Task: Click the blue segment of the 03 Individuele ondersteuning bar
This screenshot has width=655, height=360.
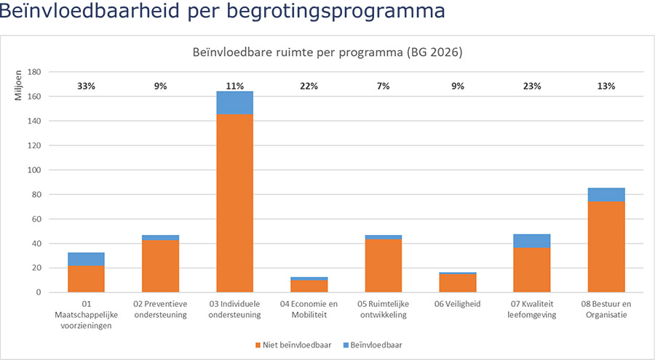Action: coord(234,103)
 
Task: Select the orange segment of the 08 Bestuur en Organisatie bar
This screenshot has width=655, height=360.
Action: coord(606,247)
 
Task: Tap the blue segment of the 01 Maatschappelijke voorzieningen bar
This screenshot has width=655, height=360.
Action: coord(86,259)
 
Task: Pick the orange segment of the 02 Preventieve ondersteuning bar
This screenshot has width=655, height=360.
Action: coord(160,265)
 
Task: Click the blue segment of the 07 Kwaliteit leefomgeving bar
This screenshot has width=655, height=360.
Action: coord(532,241)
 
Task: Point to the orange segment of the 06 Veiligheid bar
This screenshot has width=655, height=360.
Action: coord(458,283)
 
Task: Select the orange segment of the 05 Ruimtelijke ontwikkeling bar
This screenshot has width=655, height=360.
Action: coord(383,265)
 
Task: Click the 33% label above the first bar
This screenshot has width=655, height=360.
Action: coord(86,86)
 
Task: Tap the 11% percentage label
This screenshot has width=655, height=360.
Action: coord(234,86)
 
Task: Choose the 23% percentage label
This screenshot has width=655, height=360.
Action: coord(532,86)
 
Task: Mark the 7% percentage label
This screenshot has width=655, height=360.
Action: coord(383,86)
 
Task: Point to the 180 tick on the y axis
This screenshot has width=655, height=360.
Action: coord(33,72)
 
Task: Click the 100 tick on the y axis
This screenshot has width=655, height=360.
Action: coord(33,170)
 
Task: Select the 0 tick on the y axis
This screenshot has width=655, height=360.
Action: coord(37,292)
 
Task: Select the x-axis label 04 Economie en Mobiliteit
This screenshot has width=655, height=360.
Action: coord(309,309)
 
